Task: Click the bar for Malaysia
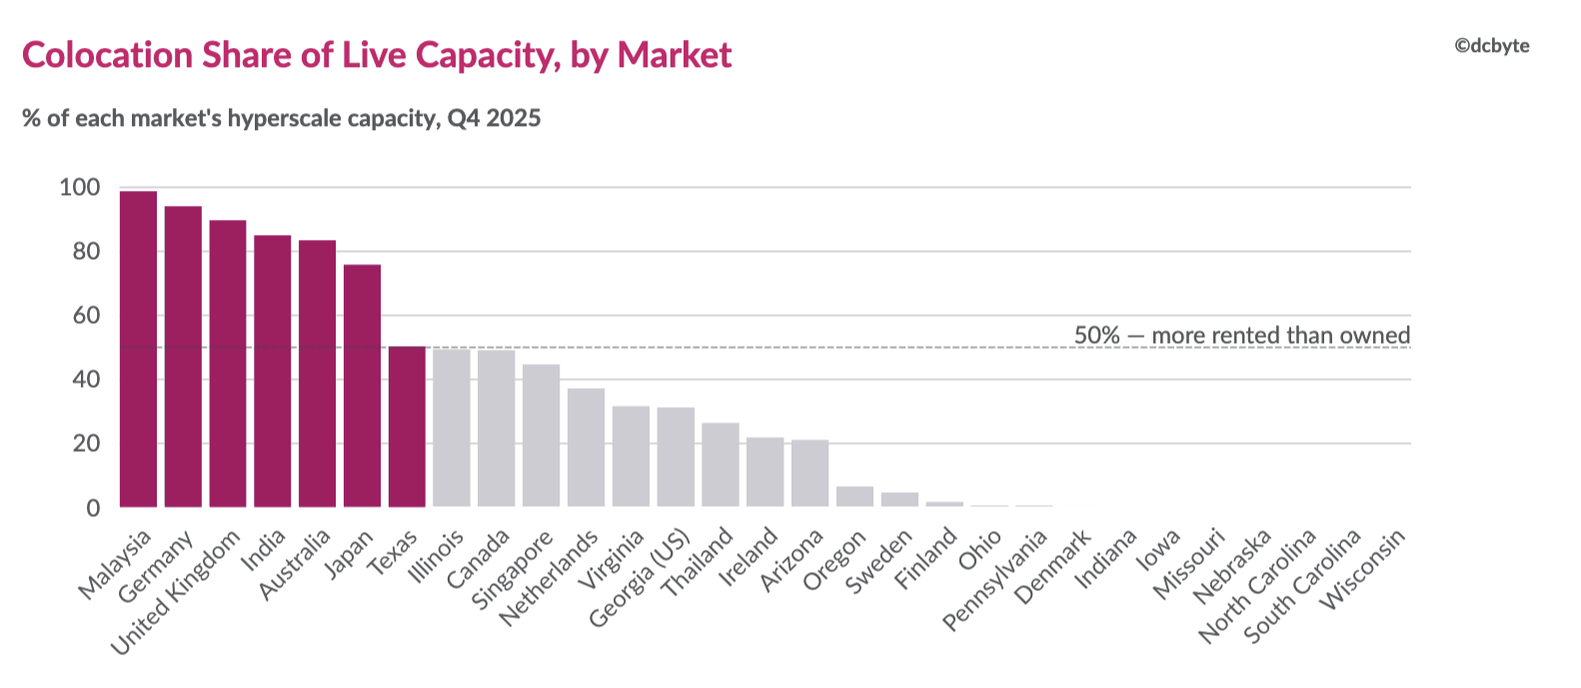click(x=138, y=349)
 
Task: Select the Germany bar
click(x=183, y=357)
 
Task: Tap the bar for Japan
click(x=362, y=386)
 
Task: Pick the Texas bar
click(x=408, y=427)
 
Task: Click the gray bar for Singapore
click(x=542, y=436)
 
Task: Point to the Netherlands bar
click(x=586, y=448)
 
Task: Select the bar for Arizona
click(x=810, y=473)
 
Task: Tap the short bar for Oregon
click(x=854, y=497)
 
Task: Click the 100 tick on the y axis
click(x=80, y=188)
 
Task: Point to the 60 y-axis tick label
click(x=86, y=316)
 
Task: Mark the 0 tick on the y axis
click(x=93, y=508)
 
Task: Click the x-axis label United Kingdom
click(x=177, y=593)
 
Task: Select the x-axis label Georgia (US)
click(x=640, y=579)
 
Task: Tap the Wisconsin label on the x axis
click(x=1363, y=569)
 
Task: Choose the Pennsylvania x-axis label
click(x=995, y=580)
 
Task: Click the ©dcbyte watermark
click(x=1491, y=46)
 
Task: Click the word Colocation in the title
click(x=107, y=55)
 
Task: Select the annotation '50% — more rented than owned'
click(x=1242, y=335)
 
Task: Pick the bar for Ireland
click(x=766, y=473)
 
